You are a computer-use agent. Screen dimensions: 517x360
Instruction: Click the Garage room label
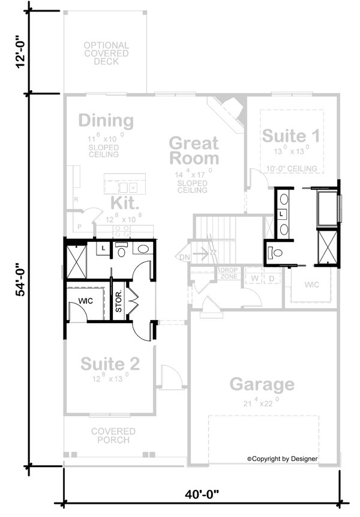[262, 384]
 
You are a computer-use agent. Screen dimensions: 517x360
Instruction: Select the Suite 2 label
[110, 364]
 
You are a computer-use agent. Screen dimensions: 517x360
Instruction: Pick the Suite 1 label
[291, 135]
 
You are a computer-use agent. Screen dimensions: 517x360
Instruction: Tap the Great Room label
[194, 151]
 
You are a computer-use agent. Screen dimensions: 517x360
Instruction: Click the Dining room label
[106, 121]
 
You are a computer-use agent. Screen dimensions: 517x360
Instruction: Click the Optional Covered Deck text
[106, 53]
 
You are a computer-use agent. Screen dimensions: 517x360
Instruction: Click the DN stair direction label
[183, 258]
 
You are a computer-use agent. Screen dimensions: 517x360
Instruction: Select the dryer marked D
[271, 279]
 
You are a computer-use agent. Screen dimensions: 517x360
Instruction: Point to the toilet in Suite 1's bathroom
[274, 252]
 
